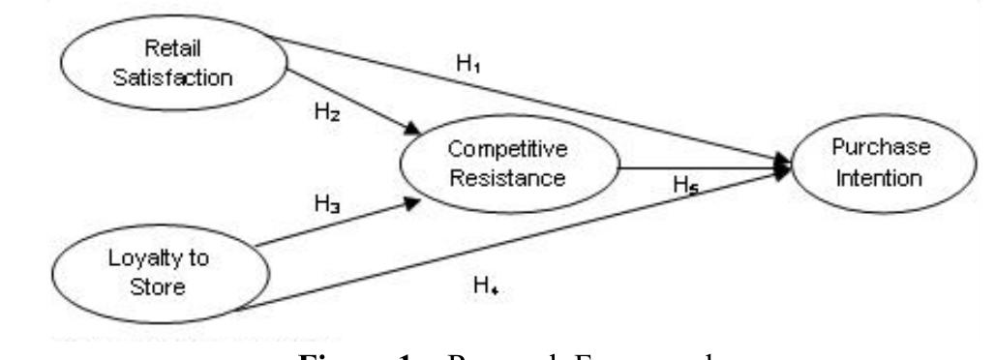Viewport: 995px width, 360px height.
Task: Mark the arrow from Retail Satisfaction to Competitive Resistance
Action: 348,102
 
